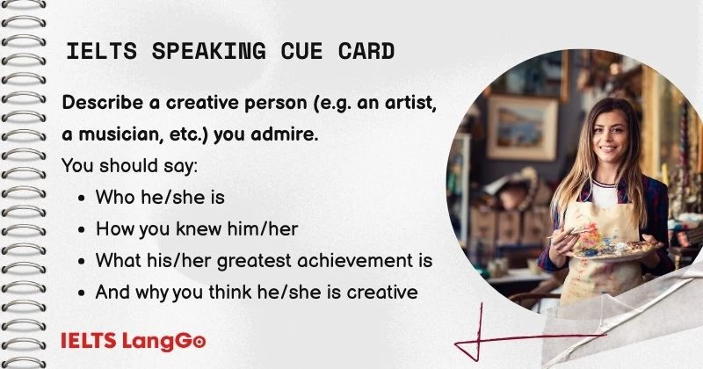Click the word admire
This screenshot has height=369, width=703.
[x=276, y=134]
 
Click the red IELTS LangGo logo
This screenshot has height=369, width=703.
[x=134, y=339]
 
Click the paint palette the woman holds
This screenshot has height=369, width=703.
[x=606, y=245]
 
